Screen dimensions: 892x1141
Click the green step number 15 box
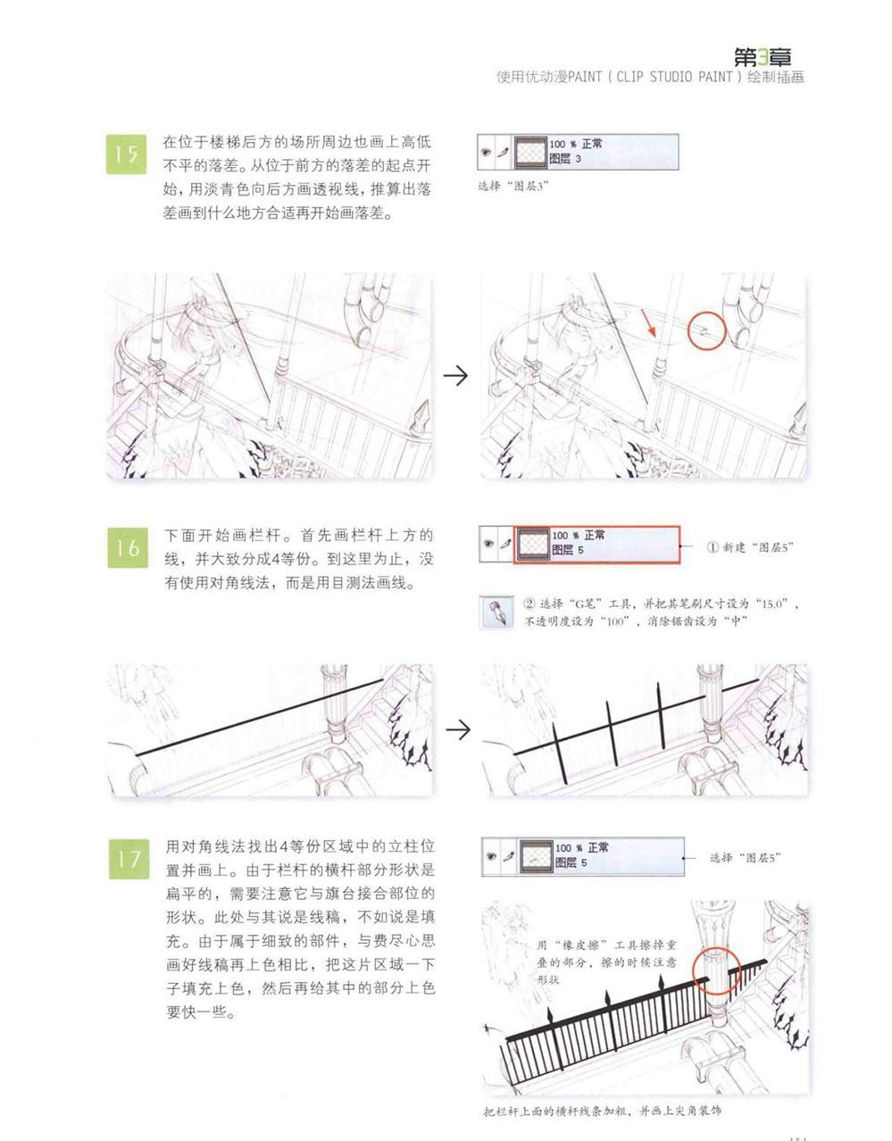click(x=127, y=154)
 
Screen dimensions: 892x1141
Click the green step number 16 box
click(x=128, y=547)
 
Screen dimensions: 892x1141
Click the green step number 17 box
click(x=129, y=860)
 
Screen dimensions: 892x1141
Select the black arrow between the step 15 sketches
click(x=455, y=376)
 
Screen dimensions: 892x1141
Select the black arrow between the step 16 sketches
click(x=458, y=729)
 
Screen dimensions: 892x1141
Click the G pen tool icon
click(x=496, y=612)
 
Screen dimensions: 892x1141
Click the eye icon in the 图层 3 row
click(x=486, y=153)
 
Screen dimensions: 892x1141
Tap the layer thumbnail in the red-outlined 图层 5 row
click(x=533, y=544)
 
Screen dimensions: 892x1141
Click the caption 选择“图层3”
click(x=513, y=186)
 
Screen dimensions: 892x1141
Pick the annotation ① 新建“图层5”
click(x=750, y=547)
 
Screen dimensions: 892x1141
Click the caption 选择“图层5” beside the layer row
click(x=745, y=858)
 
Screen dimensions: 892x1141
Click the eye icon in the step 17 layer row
click(x=491, y=856)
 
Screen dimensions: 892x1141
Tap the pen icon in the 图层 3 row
click(x=503, y=153)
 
